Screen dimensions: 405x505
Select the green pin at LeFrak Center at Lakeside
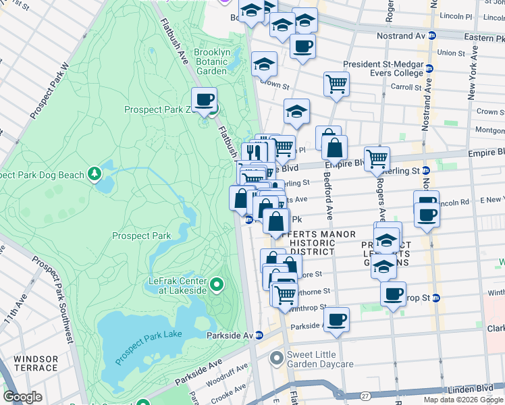pyautogui.click(x=216, y=285)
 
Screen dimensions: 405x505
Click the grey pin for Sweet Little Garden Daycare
pyautogui.click(x=275, y=358)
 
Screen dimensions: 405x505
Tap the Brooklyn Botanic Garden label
pyautogui.click(x=211, y=61)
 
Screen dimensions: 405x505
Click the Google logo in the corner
pyautogui.click(x=23, y=397)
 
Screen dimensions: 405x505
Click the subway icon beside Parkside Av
pyautogui.click(x=259, y=335)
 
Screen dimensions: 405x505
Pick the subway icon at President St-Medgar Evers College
pyautogui.click(x=429, y=69)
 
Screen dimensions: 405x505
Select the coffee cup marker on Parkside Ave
pyautogui.click(x=336, y=319)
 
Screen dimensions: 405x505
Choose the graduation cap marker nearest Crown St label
pyautogui.click(x=265, y=65)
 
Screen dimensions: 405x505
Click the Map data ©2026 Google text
pyautogui.click(x=463, y=400)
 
